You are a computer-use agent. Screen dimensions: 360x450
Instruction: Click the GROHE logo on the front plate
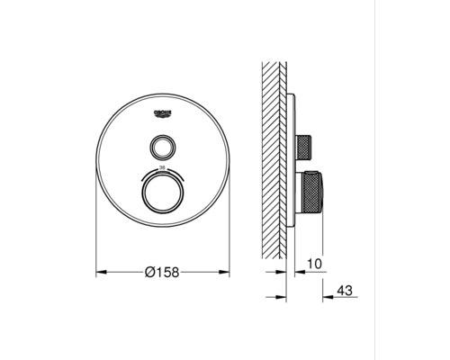click(x=163, y=112)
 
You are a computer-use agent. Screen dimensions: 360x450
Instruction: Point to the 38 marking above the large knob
click(x=163, y=168)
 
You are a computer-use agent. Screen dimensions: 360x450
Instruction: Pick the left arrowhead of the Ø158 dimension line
click(x=101, y=269)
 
